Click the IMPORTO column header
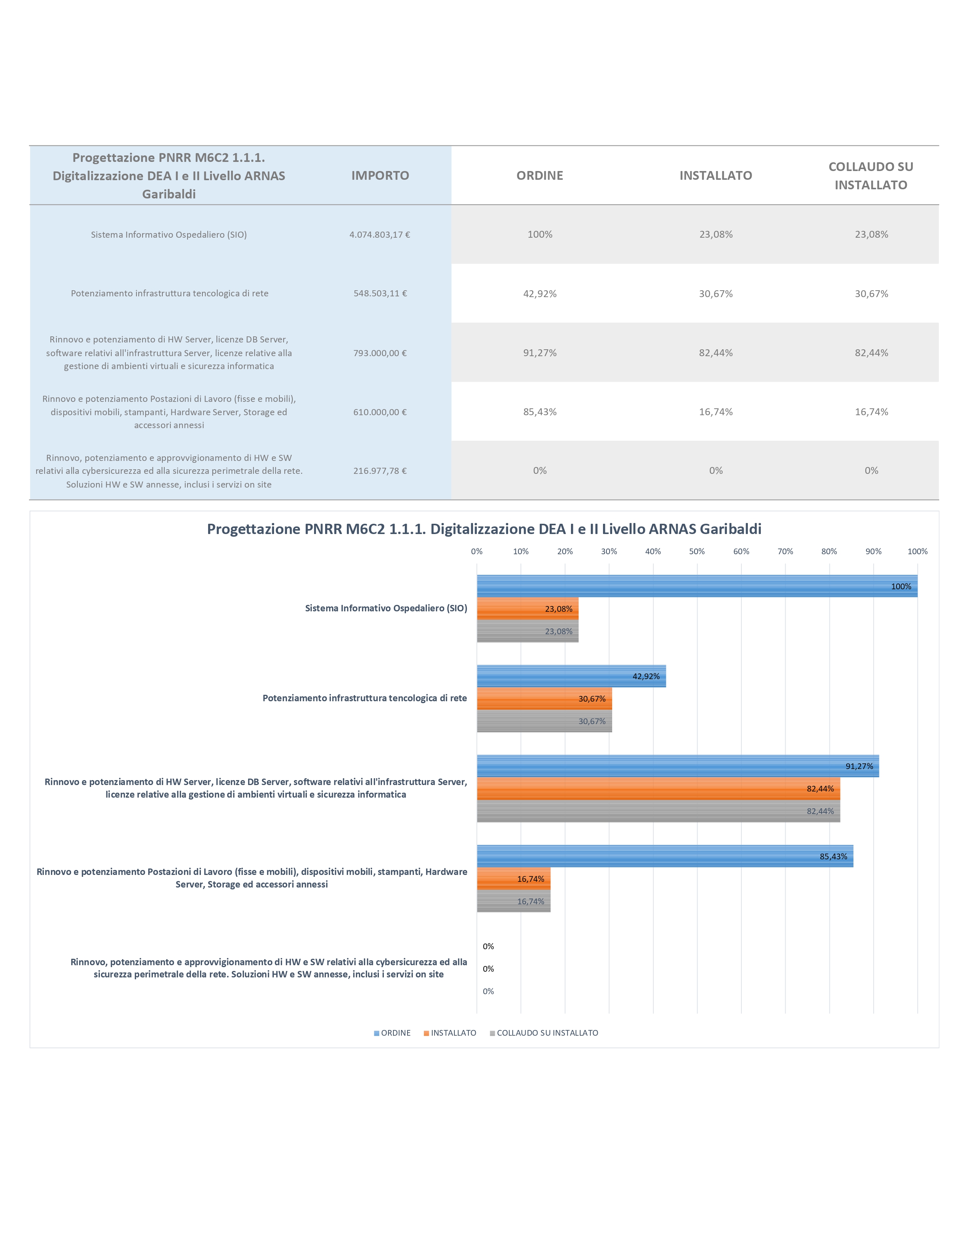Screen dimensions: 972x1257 pos(380,176)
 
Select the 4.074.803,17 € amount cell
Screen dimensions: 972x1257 pos(380,234)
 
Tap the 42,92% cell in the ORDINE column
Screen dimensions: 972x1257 pos(539,294)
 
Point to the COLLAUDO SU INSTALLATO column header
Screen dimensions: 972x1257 pos(871,176)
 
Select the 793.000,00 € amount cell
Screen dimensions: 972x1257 pos(380,353)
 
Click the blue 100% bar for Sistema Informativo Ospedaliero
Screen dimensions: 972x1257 pos(697,586)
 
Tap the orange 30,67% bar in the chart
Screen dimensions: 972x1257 pos(544,698)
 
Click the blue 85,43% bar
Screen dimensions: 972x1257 pos(665,856)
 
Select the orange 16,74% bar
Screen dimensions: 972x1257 pos(514,878)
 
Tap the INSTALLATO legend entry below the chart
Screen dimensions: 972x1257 pos(450,1033)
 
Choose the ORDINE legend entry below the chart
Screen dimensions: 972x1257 pos(392,1033)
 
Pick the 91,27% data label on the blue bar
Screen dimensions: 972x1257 pos(859,766)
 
